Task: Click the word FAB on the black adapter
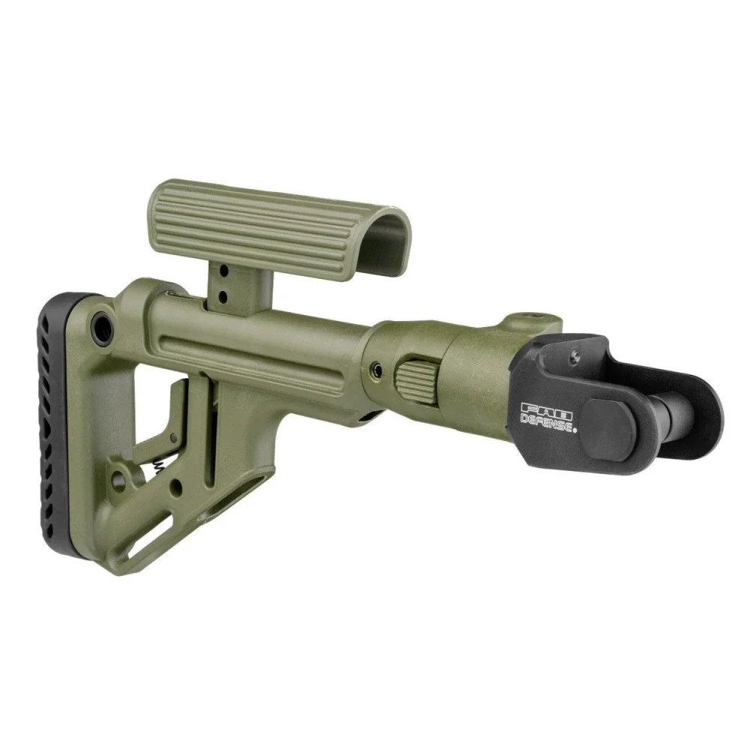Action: [x=546, y=409]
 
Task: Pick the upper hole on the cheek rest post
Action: [x=223, y=271]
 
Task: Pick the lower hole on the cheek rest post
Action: [x=223, y=297]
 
